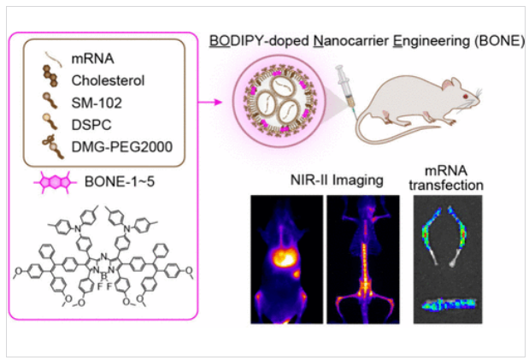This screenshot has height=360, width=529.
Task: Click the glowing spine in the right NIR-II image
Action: (x=364, y=265)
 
